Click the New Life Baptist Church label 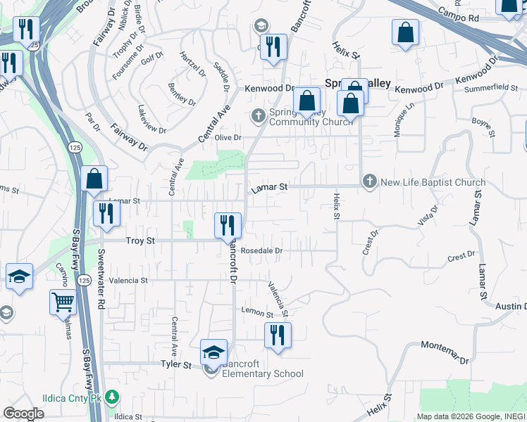click(433, 182)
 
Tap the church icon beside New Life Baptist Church click(369, 182)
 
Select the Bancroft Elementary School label click(262, 369)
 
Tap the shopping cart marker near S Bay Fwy click(63, 302)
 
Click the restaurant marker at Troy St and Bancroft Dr click(228, 225)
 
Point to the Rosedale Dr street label click(261, 250)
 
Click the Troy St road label click(139, 241)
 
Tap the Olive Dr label click(228, 138)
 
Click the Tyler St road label click(176, 365)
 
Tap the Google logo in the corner click(23, 414)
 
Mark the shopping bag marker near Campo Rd click(405, 32)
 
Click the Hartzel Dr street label click(192, 63)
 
